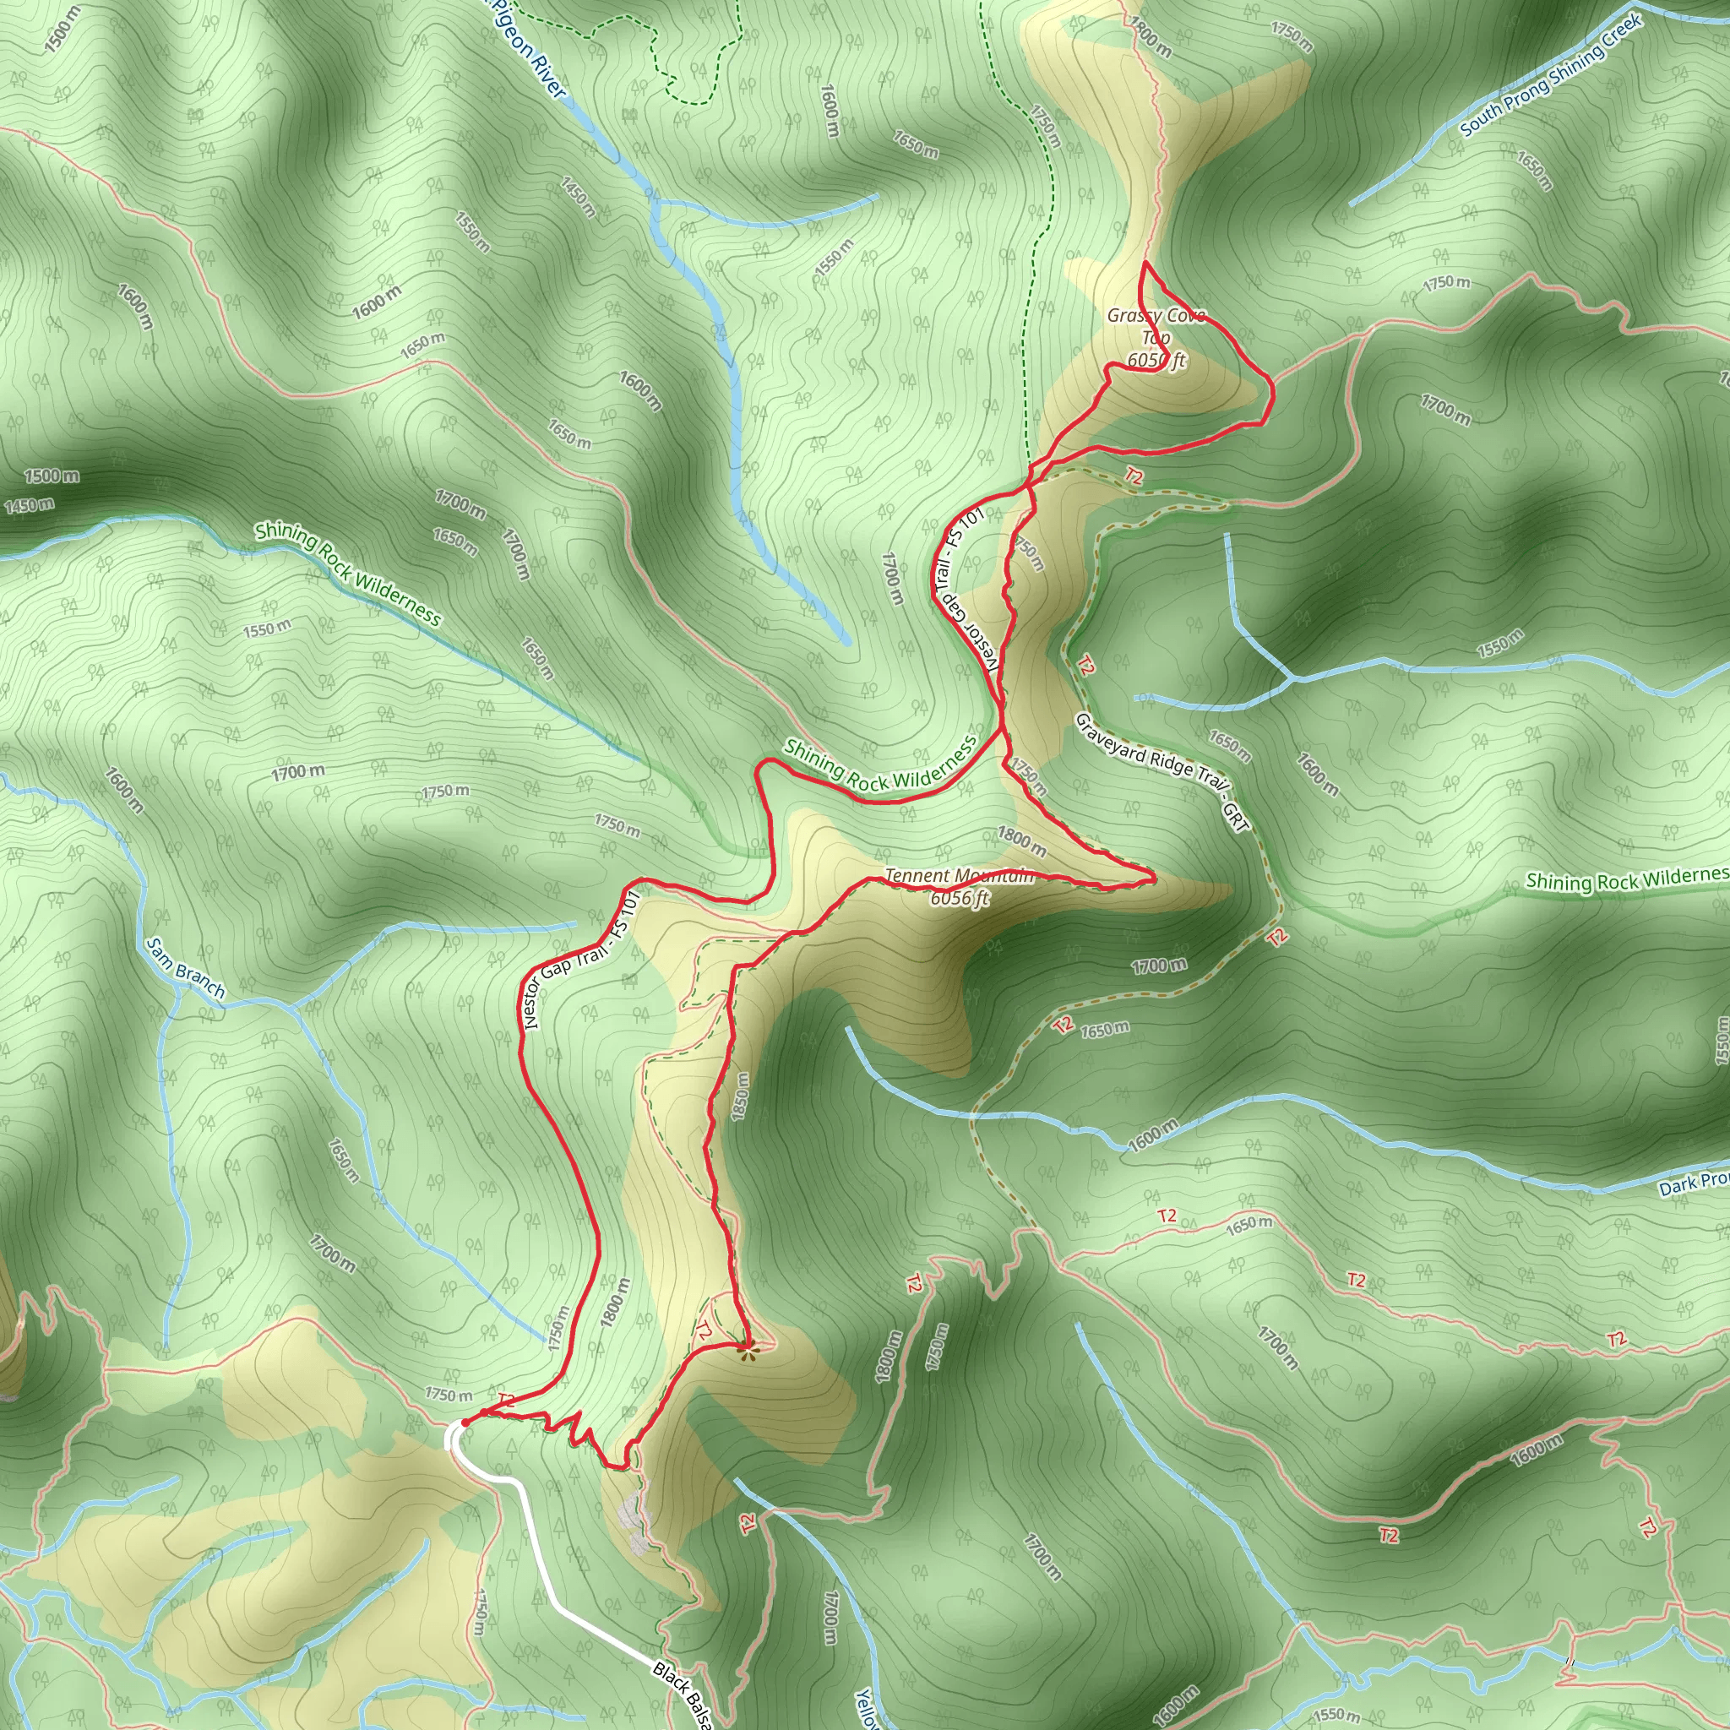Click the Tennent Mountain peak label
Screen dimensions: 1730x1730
point(959,876)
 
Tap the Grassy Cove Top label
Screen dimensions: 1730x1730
point(1155,326)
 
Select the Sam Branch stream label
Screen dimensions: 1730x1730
point(185,968)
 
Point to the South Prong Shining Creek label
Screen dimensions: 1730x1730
point(1551,76)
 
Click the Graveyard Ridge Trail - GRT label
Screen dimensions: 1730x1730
point(1162,772)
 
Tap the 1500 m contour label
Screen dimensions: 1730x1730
point(51,476)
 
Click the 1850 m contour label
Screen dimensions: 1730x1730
point(740,1096)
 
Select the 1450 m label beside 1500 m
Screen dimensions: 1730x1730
point(29,506)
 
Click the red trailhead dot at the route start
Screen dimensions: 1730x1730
point(465,1422)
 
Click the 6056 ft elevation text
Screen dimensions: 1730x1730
point(959,898)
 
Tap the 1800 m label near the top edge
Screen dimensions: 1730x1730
point(1150,38)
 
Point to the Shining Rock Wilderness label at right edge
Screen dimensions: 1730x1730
point(1626,879)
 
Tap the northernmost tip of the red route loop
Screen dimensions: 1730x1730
point(1145,264)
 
